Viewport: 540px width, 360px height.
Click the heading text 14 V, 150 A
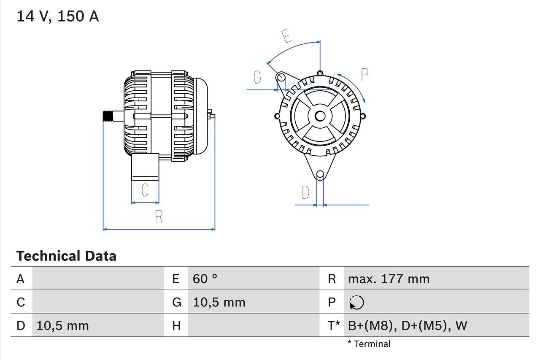click(x=58, y=16)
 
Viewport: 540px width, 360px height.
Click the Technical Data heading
click(x=66, y=256)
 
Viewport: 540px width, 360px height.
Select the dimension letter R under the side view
click(x=159, y=217)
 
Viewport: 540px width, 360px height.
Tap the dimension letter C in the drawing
click(x=145, y=190)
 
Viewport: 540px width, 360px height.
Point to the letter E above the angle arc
click(x=287, y=36)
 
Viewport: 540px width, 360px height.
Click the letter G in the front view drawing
click(x=257, y=77)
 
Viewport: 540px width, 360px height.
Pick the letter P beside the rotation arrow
click(x=364, y=75)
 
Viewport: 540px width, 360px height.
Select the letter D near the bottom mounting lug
click(x=305, y=192)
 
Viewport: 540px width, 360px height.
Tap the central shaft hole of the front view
click(x=320, y=116)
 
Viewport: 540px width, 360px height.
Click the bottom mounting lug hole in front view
click(x=320, y=174)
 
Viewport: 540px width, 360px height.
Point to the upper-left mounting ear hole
click(x=281, y=77)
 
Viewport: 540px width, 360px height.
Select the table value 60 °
click(x=205, y=279)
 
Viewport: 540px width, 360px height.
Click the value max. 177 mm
click(x=389, y=279)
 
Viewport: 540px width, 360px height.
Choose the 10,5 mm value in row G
click(x=219, y=302)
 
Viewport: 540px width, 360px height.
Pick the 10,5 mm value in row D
click(x=62, y=325)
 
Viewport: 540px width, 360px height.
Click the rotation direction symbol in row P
click(x=356, y=302)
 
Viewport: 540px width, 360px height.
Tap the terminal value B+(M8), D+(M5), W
click(x=408, y=325)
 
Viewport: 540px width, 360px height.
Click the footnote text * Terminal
click(x=369, y=344)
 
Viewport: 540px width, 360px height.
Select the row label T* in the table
click(x=334, y=325)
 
